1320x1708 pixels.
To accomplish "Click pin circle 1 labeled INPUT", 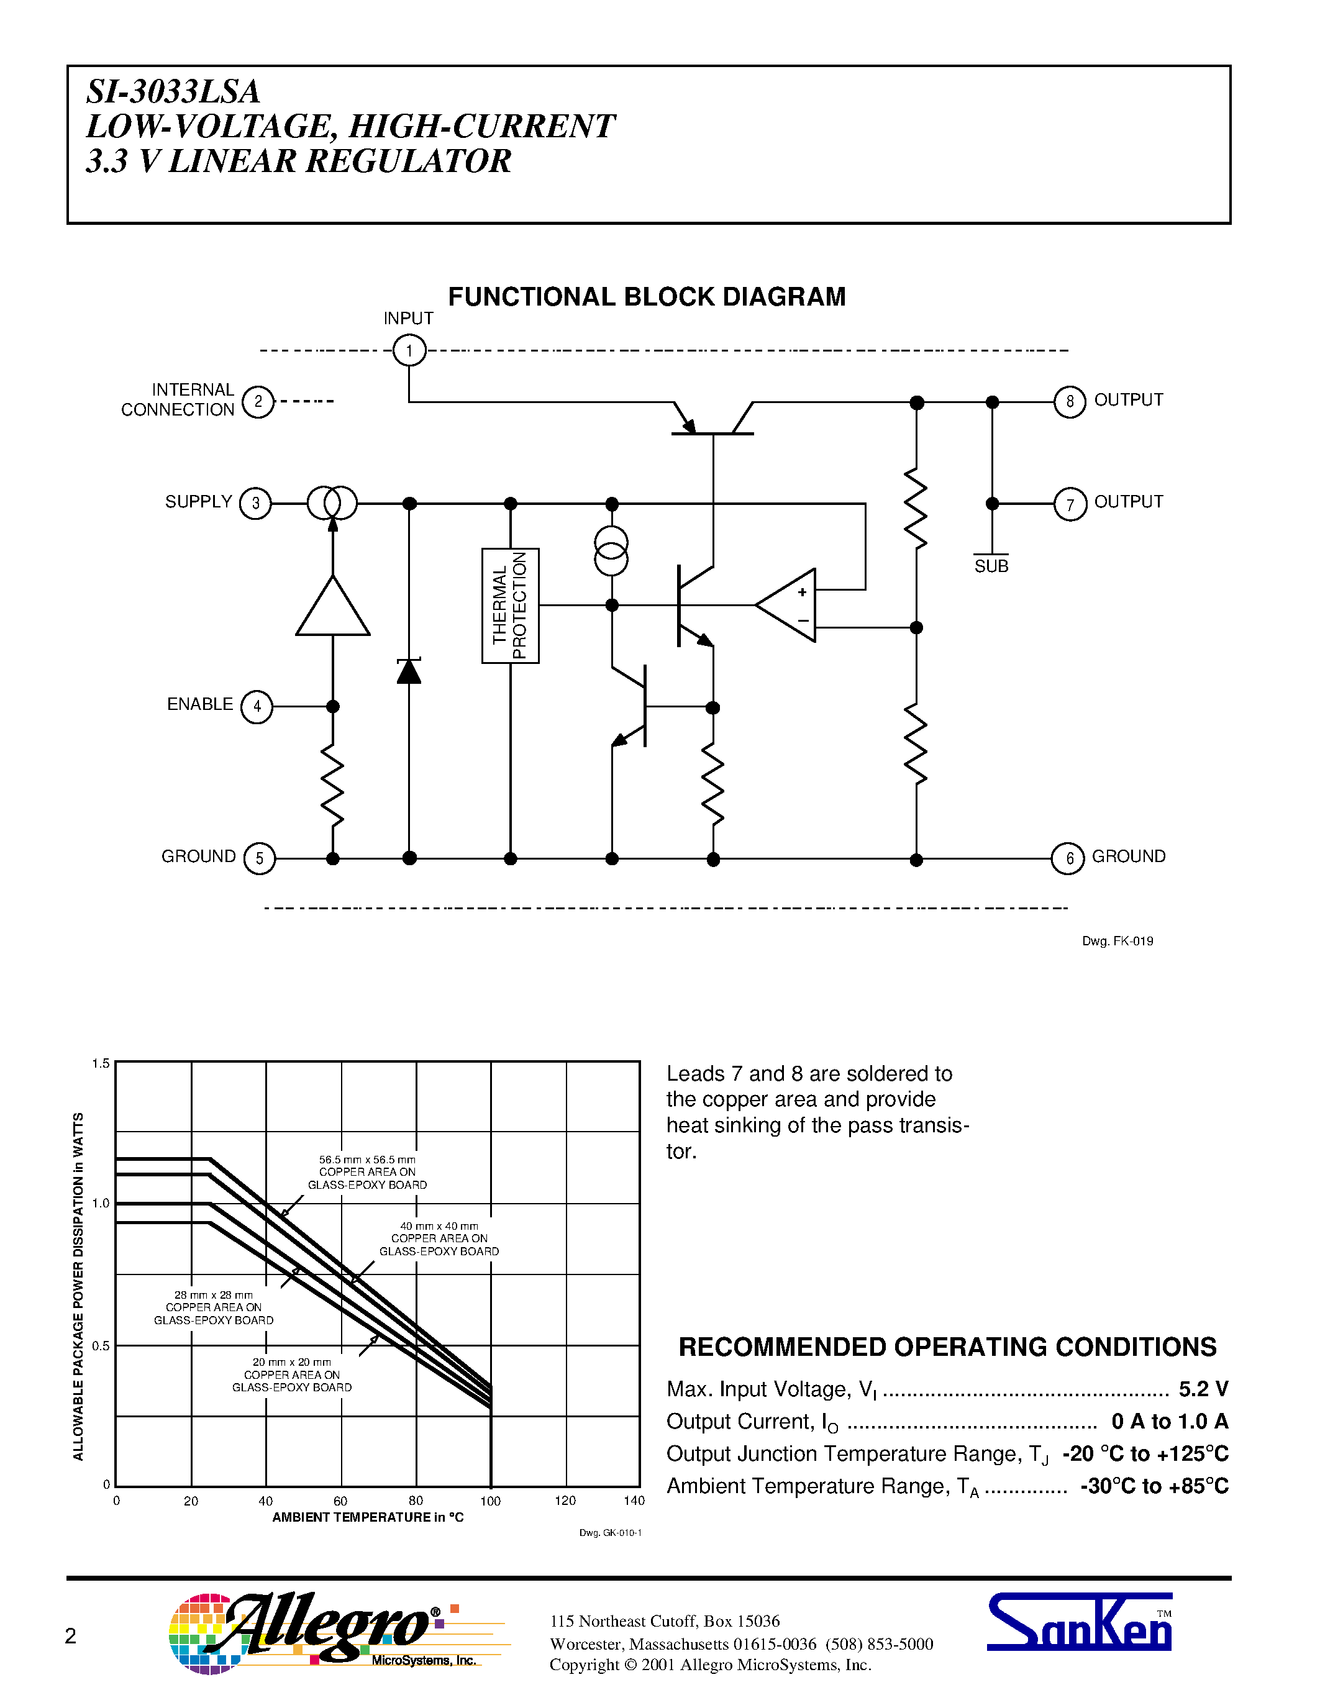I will click(x=409, y=350).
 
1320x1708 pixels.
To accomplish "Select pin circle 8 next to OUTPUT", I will click(x=1069, y=402).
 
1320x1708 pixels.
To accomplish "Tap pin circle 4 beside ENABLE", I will click(x=257, y=707).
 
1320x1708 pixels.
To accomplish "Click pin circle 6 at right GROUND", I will click(x=1067, y=859).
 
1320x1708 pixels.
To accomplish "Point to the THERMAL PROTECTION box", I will click(x=510, y=606).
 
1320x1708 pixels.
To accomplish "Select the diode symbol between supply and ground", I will click(x=409, y=671).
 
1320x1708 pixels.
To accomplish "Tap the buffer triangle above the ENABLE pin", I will click(x=332, y=609).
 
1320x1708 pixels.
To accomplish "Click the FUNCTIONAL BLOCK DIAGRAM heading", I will click(x=646, y=297).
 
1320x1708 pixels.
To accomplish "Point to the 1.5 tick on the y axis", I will click(x=101, y=1063).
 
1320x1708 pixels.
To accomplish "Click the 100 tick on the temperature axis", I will click(x=490, y=1501).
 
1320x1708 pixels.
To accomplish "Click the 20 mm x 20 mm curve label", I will click(x=292, y=1375).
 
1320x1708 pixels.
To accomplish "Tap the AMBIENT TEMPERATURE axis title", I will click(x=368, y=1517).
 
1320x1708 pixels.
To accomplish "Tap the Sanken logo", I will click(x=1078, y=1624).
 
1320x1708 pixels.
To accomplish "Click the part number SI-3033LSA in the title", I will click(x=173, y=91).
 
